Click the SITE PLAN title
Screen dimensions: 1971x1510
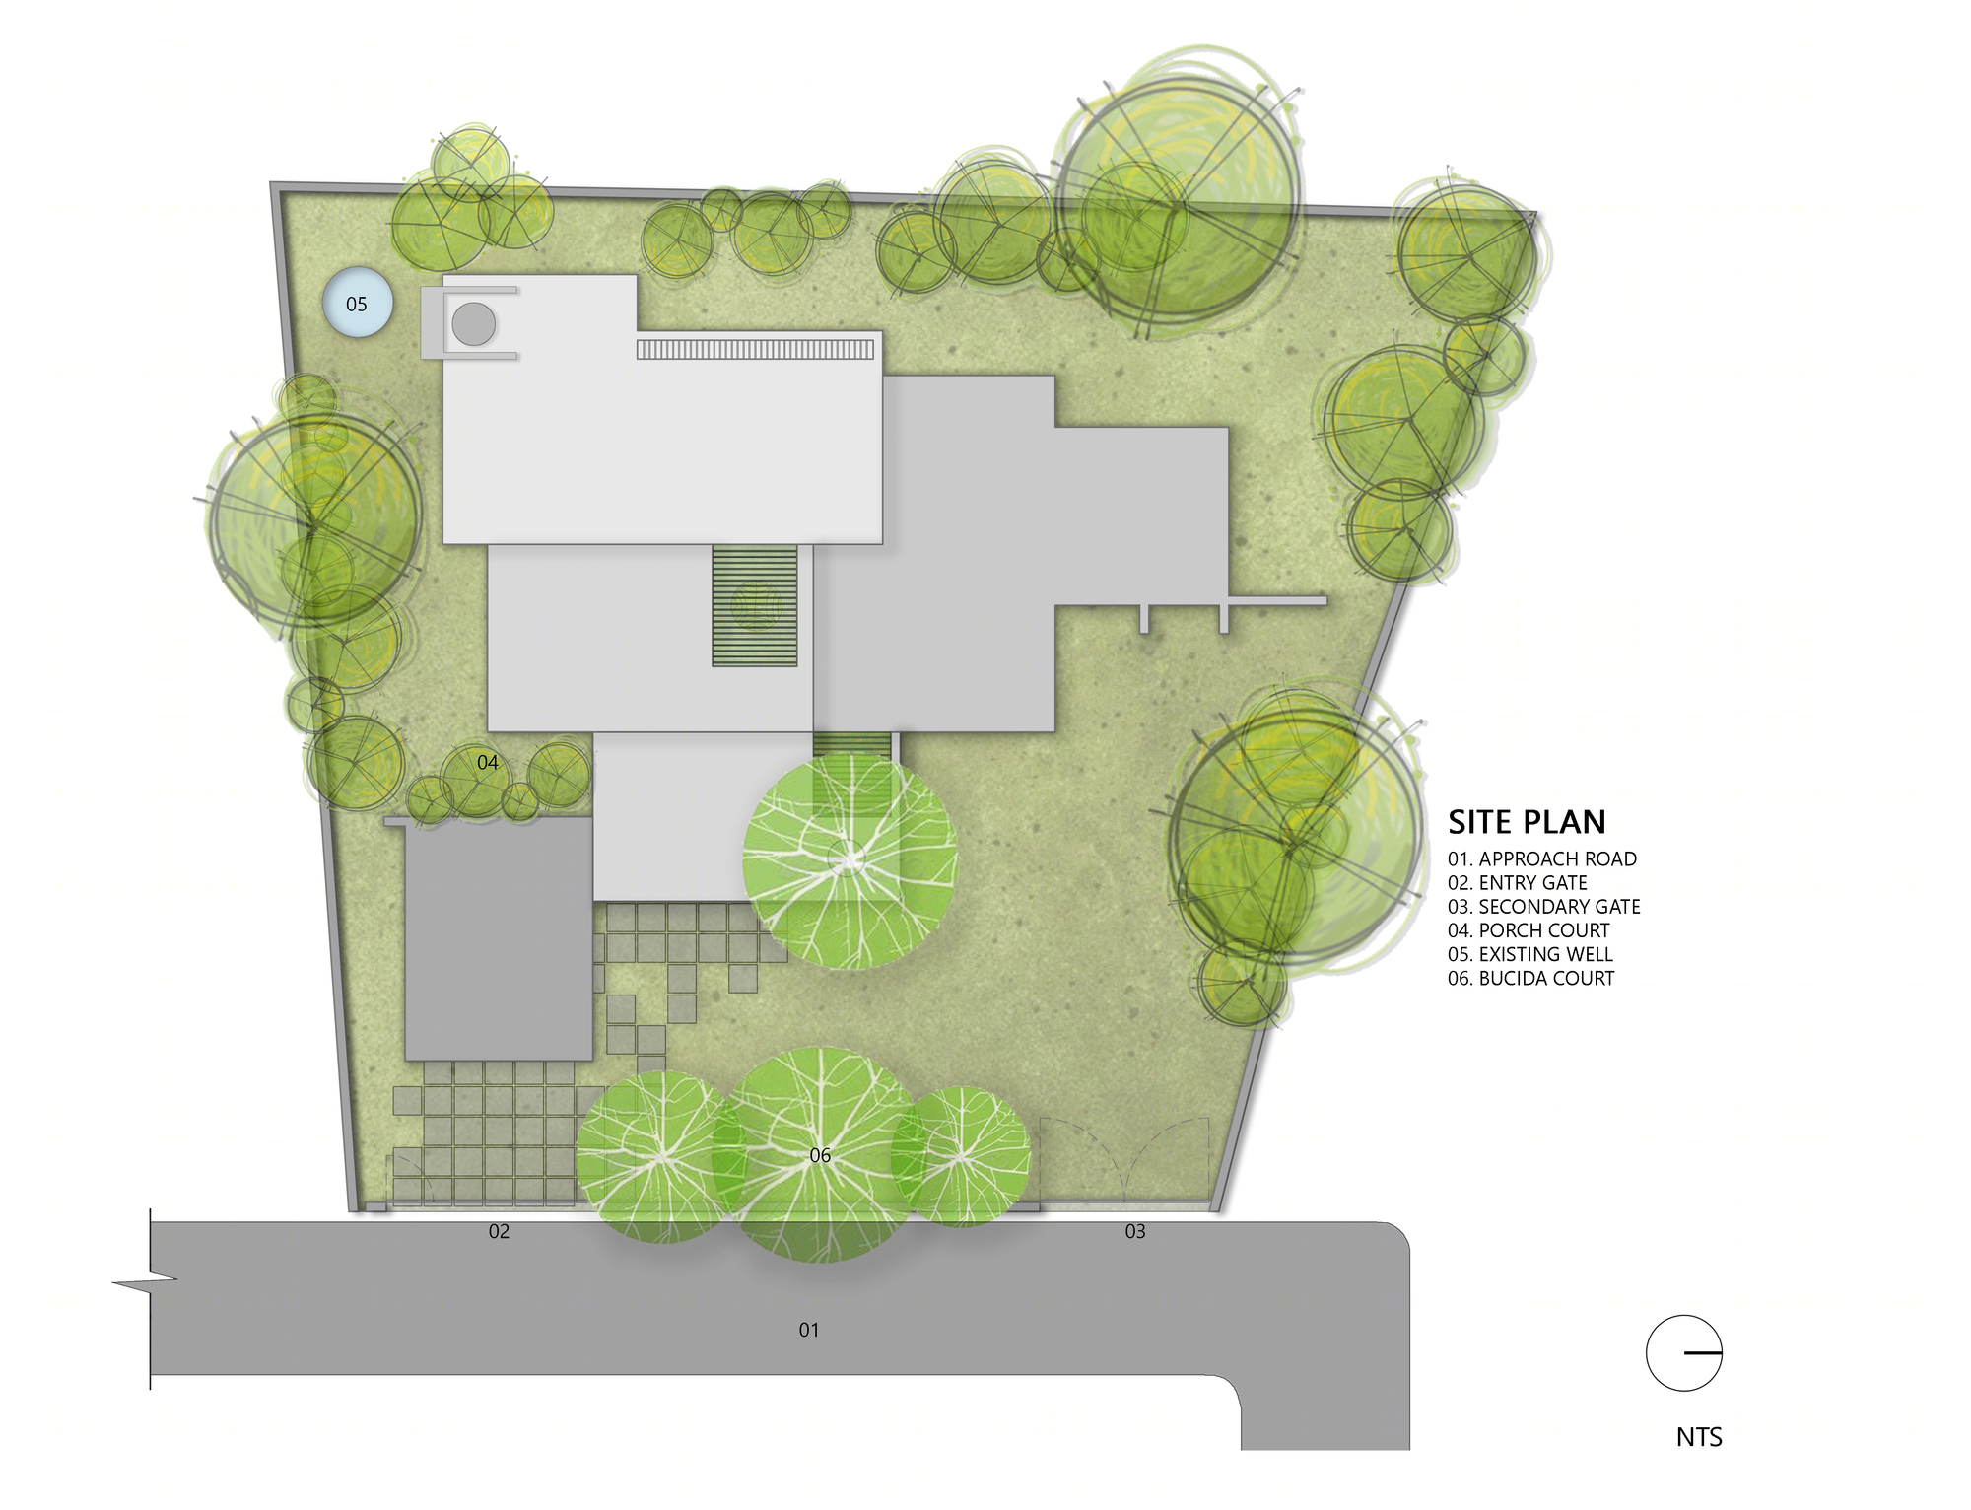point(1527,822)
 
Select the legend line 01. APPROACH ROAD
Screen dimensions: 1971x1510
point(1542,859)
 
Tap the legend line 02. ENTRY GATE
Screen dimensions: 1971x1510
point(1518,883)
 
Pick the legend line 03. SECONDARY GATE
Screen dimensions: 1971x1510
point(1544,907)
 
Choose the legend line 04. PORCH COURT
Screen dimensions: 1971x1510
point(1529,930)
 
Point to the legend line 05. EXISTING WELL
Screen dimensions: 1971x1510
point(1530,954)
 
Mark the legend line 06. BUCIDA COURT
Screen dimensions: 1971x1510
point(1531,978)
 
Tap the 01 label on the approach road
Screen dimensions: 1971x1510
point(809,1331)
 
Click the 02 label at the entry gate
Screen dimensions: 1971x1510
point(500,1232)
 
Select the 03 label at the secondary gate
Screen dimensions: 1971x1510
point(1135,1232)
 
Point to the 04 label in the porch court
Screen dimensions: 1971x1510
point(488,763)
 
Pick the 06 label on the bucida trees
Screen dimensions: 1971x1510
point(820,1156)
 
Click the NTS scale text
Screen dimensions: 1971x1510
point(1699,1437)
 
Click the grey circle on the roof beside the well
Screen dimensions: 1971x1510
point(474,323)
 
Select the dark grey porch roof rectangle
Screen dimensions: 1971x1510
point(500,938)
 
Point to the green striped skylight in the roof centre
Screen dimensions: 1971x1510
point(755,606)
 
